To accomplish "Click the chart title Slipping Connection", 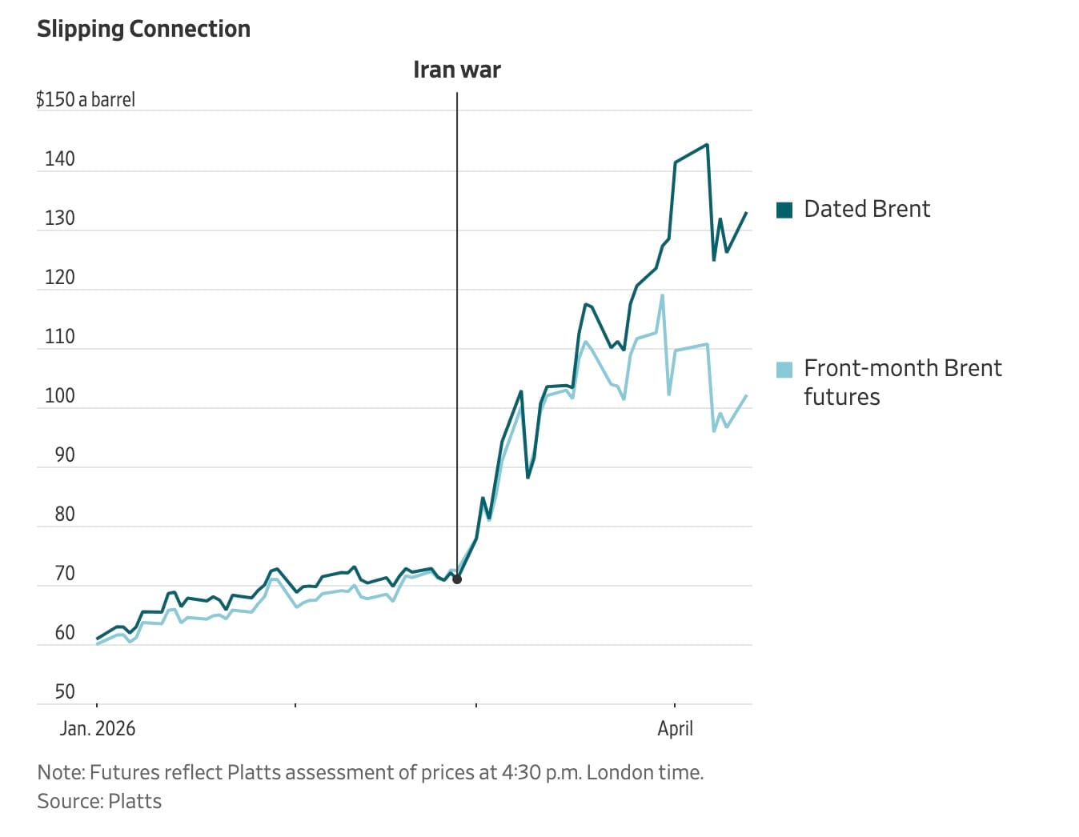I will tap(143, 29).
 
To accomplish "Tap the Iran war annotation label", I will tap(456, 70).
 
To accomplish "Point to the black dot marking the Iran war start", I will tap(457, 579).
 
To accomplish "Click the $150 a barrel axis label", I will tap(86, 100).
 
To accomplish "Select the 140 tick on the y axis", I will tap(59, 159).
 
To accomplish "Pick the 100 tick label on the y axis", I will tap(59, 396).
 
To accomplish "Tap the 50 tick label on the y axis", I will tap(65, 692).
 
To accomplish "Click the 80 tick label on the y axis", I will tap(65, 515).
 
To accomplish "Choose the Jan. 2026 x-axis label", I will tap(98, 729).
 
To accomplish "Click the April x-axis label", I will tap(675, 729).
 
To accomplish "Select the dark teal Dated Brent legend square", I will tap(784, 210).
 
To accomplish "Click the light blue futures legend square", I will tap(784, 370).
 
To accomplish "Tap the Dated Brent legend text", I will tap(867, 210).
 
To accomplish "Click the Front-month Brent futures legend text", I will tap(902, 382).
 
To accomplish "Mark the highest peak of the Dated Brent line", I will tap(707, 145).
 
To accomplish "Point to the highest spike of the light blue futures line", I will tap(662, 295).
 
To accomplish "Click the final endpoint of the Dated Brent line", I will tap(746, 213).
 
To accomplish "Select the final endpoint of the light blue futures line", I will tap(746, 396).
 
